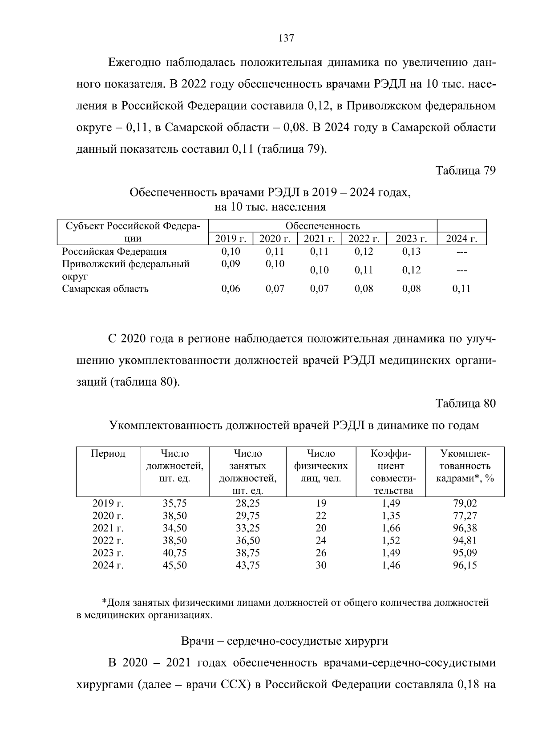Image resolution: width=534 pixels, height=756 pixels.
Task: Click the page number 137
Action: click(x=286, y=38)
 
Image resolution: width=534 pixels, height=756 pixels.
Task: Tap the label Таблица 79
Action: click(x=465, y=171)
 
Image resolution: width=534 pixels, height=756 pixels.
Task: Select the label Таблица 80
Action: click(x=465, y=404)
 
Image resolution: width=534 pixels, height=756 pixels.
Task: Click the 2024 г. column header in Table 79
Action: click(x=461, y=239)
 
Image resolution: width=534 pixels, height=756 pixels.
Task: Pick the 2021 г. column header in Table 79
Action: click(x=319, y=239)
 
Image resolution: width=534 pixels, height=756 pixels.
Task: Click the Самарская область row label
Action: click(x=105, y=289)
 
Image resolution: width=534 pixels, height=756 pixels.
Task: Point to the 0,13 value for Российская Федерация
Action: click(x=411, y=252)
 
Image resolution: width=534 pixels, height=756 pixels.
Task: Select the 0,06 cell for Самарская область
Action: click(x=231, y=289)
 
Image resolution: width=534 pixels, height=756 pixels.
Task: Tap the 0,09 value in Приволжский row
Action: click(x=231, y=264)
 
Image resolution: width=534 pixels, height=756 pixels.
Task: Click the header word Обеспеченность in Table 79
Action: click(x=323, y=226)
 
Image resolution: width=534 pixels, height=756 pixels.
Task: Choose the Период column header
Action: click(x=108, y=454)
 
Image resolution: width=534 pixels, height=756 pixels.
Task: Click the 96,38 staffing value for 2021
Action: click(x=465, y=528)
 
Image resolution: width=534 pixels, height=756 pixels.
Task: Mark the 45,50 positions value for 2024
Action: click(x=174, y=566)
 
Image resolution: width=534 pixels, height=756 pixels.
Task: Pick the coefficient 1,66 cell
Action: click(x=391, y=528)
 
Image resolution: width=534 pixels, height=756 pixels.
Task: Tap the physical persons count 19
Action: click(x=321, y=503)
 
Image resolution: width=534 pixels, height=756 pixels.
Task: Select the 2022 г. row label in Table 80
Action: click(x=108, y=541)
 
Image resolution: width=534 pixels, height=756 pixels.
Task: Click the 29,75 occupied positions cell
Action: click(x=247, y=516)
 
